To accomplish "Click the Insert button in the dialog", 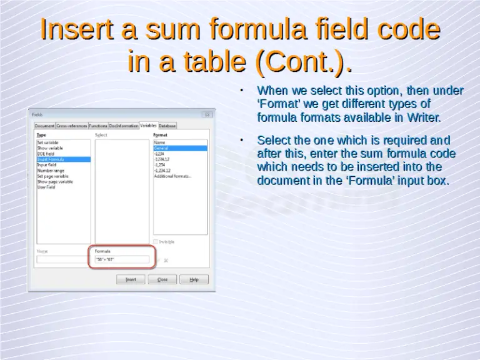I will pyautogui.click(x=131, y=279).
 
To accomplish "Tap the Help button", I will pyautogui.click(x=194, y=279).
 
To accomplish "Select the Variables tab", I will pyautogui.click(x=148, y=125).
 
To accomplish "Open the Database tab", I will pyautogui.click(x=167, y=126).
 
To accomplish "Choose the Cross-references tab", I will pyautogui.click(x=72, y=126).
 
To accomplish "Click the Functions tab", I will pyautogui.click(x=98, y=126).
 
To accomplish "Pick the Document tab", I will pyautogui.click(x=45, y=126).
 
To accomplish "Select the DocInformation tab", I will pyautogui.click(x=124, y=126).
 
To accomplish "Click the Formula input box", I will pyautogui.click(x=122, y=259).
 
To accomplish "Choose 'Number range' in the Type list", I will pyautogui.click(x=51, y=171).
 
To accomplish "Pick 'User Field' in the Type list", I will pyautogui.click(x=46, y=187).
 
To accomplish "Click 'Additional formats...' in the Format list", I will pyautogui.click(x=173, y=176).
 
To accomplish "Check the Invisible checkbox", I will pyautogui.click(x=156, y=241).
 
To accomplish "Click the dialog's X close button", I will pyautogui.click(x=208, y=115).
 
